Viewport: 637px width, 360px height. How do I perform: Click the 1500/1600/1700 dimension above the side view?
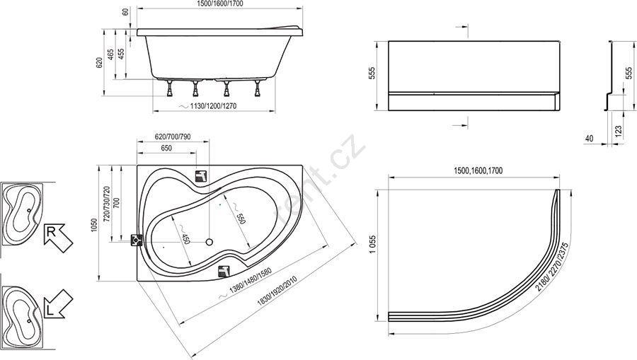[x=220, y=4]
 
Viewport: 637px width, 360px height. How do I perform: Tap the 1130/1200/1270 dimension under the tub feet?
[x=212, y=106]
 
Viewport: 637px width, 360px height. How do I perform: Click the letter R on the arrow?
[x=51, y=232]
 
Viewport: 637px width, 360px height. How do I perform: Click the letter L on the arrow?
[x=50, y=311]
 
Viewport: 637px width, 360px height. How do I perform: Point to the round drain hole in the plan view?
[x=210, y=243]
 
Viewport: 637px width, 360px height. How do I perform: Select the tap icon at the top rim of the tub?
[x=201, y=176]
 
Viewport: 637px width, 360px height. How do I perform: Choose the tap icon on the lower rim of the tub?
[x=224, y=271]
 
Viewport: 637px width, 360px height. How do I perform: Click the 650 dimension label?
[x=166, y=148]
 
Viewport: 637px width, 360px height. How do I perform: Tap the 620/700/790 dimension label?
[x=173, y=137]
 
